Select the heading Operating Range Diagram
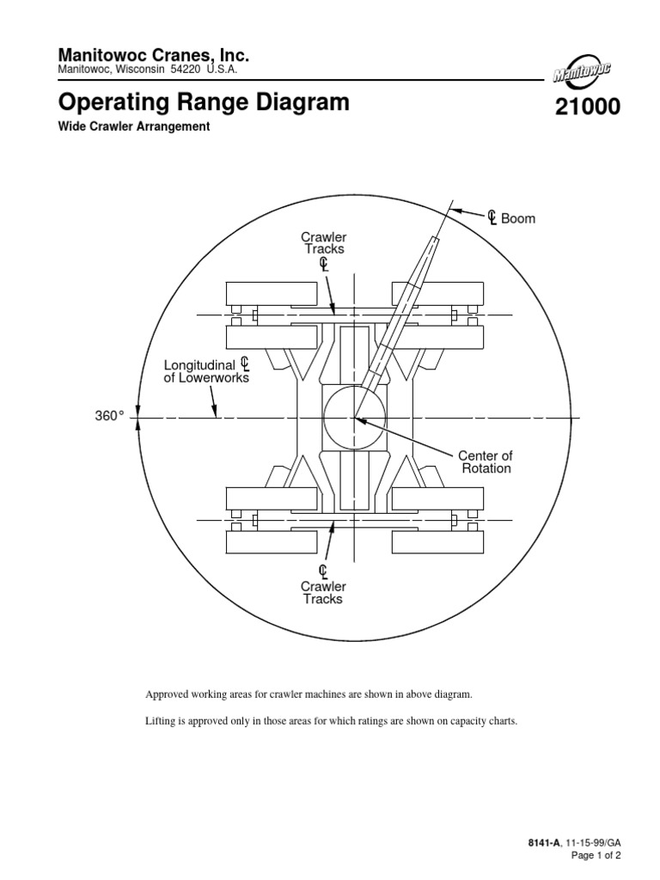click(204, 103)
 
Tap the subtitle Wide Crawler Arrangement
click(133, 126)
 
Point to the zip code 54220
click(184, 70)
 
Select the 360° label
click(109, 416)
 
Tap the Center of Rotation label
click(486, 461)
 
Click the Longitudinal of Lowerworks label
click(206, 370)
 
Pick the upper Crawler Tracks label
click(323, 242)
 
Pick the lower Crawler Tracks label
click(323, 592)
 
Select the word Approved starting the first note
click(168, 694)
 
